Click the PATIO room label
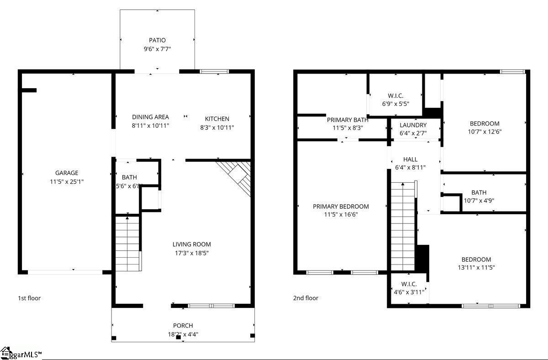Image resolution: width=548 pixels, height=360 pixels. tap(157, 40)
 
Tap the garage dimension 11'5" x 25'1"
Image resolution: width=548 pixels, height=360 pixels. tap(67, 181)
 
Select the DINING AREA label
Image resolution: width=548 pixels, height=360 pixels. tap(150, 117)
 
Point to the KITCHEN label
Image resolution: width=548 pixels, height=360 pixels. tap(217, 119)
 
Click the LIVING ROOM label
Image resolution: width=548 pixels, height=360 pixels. tap(191, 244)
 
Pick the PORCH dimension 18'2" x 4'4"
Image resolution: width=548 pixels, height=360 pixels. tap(183, 334)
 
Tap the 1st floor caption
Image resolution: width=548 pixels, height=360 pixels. tap(29, 298)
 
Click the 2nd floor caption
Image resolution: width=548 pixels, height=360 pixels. tap(306, 298)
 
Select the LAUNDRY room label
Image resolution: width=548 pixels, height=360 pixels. tap(413, 125)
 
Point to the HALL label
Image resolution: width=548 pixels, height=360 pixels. tap(410, 159)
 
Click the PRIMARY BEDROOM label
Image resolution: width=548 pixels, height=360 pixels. tap(341, 206)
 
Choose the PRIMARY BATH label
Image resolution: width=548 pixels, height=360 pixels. tap(348, 120)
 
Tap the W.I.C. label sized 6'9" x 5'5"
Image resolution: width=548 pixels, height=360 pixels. tap(395, 95)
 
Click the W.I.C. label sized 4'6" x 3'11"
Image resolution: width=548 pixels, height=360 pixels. tap(409, 284)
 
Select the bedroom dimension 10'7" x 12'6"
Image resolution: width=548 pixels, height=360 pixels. tap(485, 132)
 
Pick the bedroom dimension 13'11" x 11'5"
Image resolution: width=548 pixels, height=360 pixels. tap(476, 268)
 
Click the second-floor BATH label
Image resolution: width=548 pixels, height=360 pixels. tap(479, 193)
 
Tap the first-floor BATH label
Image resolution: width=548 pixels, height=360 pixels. tap(129, 177)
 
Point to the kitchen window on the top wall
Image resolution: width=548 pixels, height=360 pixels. tap(214, 71)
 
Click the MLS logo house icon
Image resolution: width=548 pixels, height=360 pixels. tap(5, 353)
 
